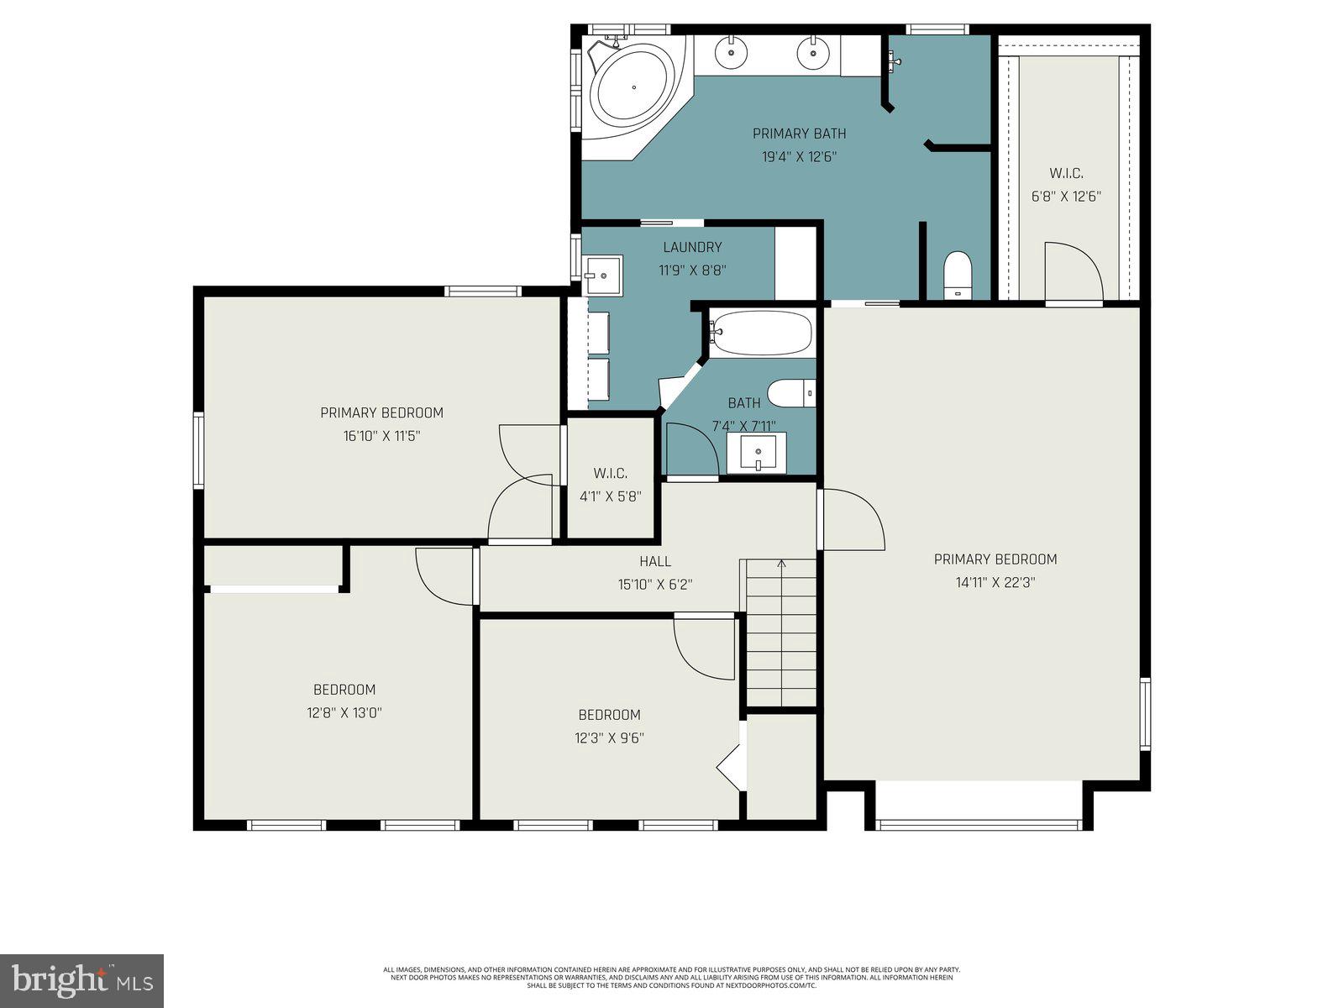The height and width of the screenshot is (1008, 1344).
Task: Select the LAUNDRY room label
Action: pos(692,247)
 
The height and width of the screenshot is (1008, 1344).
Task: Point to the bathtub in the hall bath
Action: pos(761,333)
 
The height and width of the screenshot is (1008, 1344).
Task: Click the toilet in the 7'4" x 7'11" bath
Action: pos(790,392)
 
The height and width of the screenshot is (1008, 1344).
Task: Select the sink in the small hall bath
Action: pos(757,454)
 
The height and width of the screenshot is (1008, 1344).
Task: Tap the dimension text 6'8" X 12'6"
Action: pos(1066,197)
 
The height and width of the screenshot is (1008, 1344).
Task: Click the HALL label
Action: pos(655,561)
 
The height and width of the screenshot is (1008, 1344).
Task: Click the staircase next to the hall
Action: pos(781,634)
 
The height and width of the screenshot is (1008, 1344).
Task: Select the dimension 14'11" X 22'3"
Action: pos(995,582)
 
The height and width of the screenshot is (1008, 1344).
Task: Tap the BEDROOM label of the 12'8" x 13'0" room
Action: pos(344,690)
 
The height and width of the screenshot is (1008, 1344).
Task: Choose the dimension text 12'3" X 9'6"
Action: pos(610,738)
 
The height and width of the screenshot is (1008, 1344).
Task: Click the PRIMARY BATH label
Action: pos(799,134)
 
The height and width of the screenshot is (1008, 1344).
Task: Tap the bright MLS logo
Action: pos(81,979)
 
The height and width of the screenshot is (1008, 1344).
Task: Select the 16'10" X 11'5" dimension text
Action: pos(381,435)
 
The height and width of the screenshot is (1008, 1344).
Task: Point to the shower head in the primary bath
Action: pos(894,60)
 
